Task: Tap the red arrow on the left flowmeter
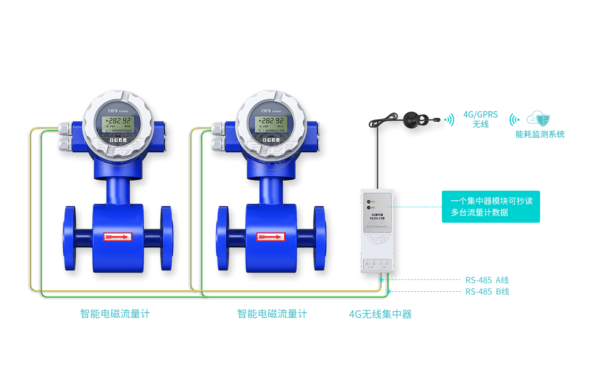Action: [117, 236]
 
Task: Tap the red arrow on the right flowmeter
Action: [270, 236]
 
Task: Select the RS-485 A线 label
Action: [487, 280]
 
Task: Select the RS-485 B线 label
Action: [487, 292]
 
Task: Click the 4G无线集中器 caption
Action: [380, 314]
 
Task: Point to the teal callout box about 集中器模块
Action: [491, 207]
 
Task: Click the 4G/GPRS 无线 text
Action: [480, 119]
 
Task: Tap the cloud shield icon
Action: [538, 119]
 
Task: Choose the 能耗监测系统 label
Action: [540, 134]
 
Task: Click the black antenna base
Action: [411, 119]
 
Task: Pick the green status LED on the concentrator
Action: [368, 201]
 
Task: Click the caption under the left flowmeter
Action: [115, 314]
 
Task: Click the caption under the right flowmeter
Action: [272, 314]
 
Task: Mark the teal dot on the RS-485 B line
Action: [389, 292]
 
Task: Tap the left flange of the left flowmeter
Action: [69, 238]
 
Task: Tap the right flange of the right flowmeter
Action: [320, 238]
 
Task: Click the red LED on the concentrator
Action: [368, 208]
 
